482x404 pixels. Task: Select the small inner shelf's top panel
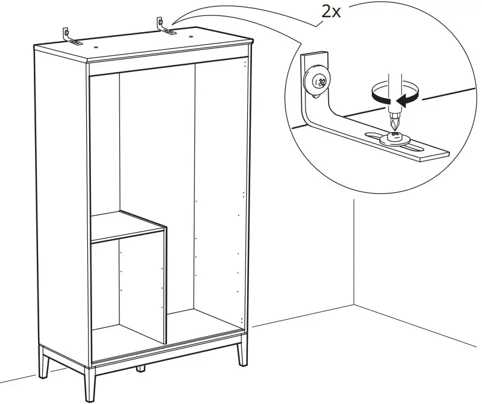128,226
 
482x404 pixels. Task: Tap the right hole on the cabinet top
192,35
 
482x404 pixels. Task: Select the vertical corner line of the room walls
354,256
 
